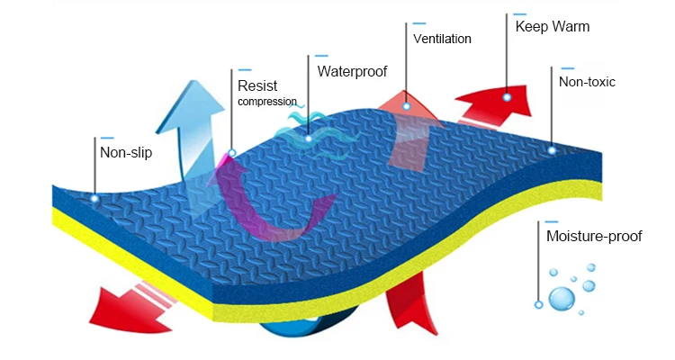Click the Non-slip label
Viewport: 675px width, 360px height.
click(126, 152)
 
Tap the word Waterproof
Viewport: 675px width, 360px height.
click(352, 69)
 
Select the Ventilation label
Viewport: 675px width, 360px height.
click(442, 39)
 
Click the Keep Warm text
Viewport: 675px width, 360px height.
click(553, 26)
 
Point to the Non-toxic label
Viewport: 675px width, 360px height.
click(587, 82)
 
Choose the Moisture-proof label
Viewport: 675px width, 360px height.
click(594, 237)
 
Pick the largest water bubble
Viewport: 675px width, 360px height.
click(562, 298)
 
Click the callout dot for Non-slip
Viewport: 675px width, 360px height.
click(94, 198)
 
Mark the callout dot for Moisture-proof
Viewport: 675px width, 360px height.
click(538, 304)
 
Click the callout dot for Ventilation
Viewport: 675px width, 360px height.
click(406, 106)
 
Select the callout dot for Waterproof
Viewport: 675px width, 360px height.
click(309, 139)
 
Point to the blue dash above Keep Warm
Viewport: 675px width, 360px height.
click(520, 13)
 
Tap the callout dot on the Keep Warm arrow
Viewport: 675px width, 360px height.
click(508, 96)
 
